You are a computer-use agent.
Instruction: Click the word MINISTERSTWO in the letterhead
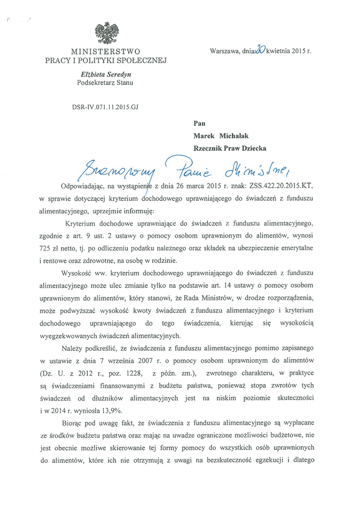106,51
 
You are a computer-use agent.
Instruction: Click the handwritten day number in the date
259,50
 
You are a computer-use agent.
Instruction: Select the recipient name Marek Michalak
222,135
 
